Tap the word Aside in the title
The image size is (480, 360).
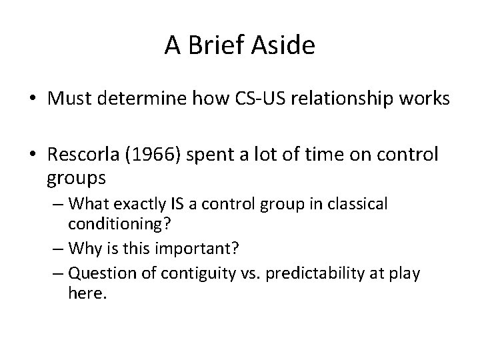pos(283,46)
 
